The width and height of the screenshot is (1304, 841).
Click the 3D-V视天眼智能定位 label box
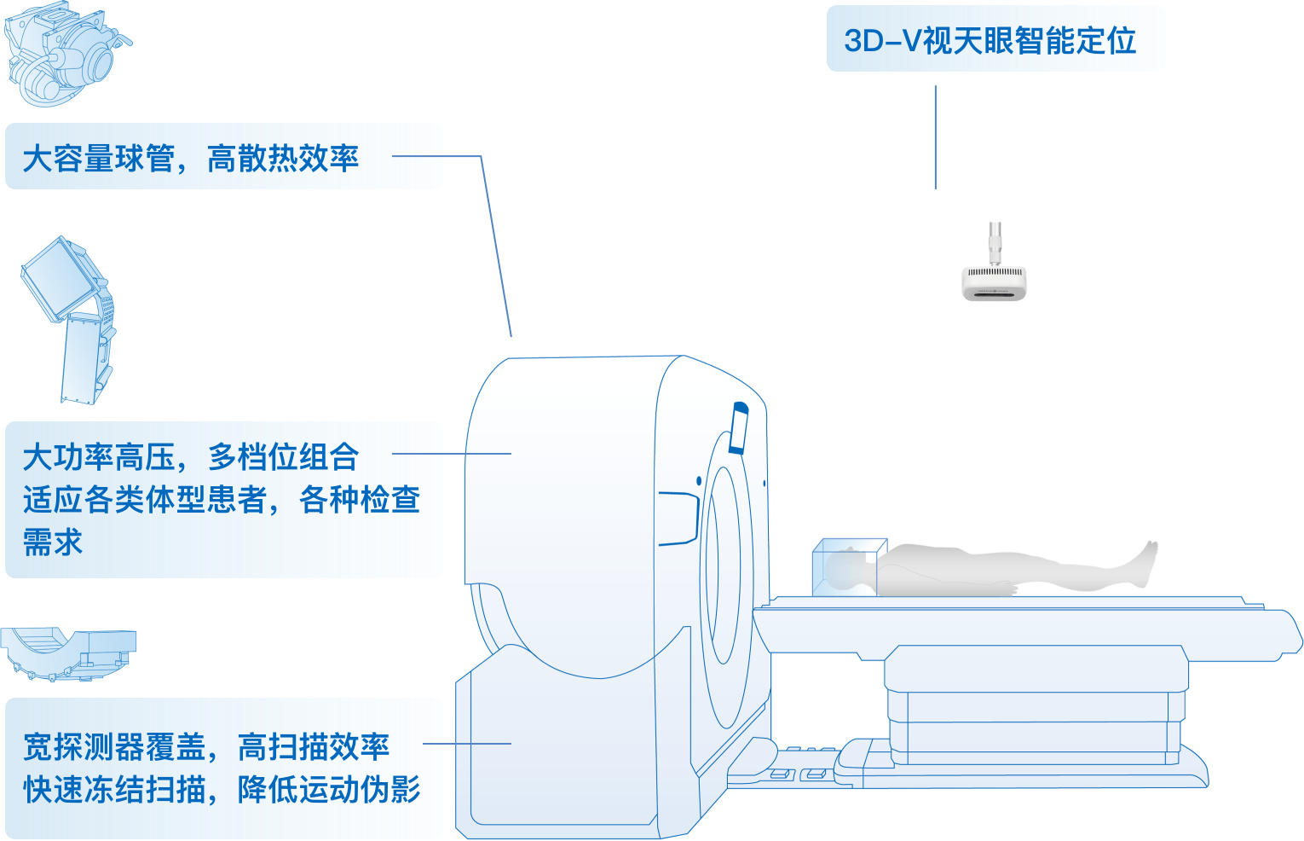click(x=995, y=39)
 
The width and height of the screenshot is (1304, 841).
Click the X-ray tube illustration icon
click(x=64, y=55)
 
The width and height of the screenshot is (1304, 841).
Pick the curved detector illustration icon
click(x=68, y=652)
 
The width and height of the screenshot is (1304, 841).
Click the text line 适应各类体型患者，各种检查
click(x=222, y=500)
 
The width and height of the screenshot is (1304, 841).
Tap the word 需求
click(x=53, y=542)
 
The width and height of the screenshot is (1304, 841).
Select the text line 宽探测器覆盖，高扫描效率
click(x=206, y=747)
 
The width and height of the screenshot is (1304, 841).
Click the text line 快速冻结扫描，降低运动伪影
click(x=222, y=790)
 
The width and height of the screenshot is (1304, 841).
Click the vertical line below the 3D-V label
click(x=935, y=136)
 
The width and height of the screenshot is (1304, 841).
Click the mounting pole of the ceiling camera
click(x=994, y=242)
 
